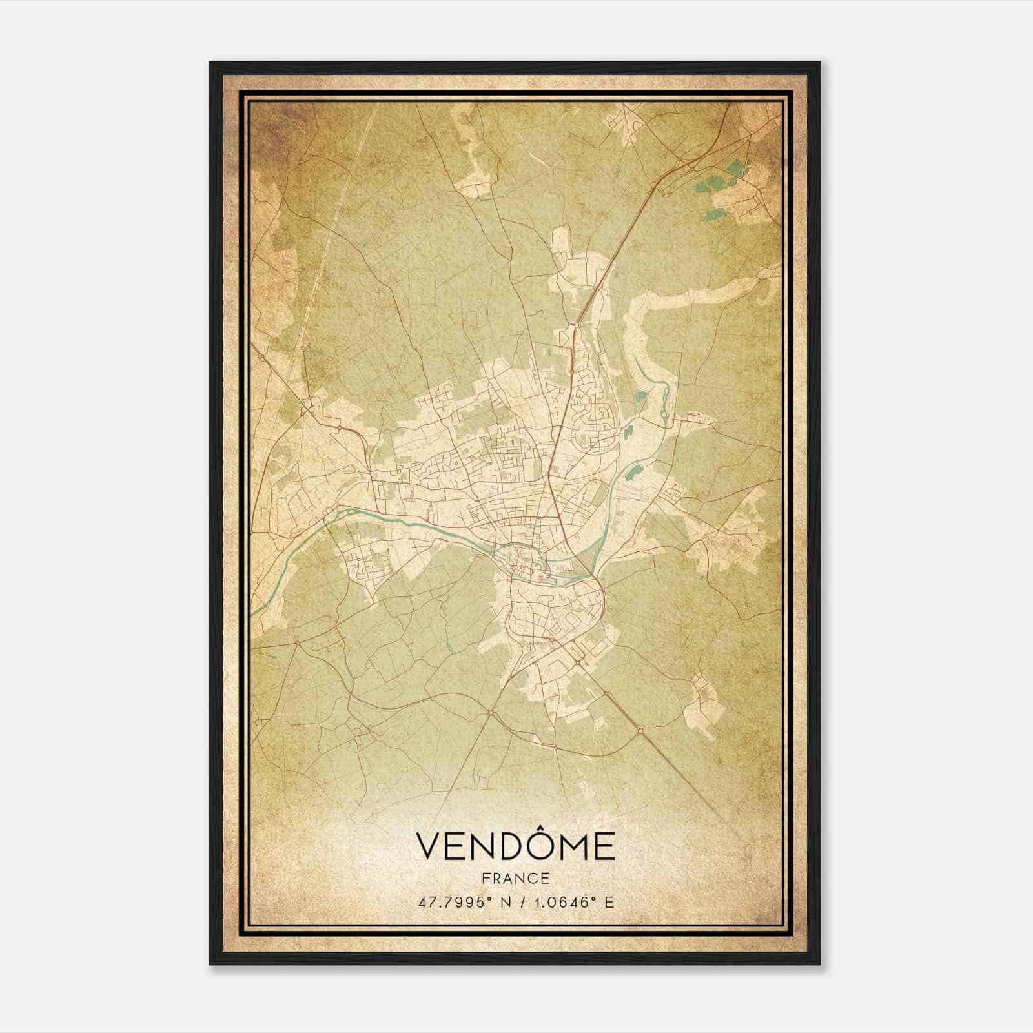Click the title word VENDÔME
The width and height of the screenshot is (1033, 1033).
(x=515, y=846)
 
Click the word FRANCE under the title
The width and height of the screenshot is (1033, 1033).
(x=515, y=878)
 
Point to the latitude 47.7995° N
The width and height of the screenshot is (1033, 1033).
(x=463, y=902)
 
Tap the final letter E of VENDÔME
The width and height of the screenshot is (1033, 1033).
(x=605, y=847)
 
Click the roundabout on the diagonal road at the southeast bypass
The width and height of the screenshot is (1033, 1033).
(x=639, y=730)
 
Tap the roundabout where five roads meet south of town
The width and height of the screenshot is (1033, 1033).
(x=491, y=713)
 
